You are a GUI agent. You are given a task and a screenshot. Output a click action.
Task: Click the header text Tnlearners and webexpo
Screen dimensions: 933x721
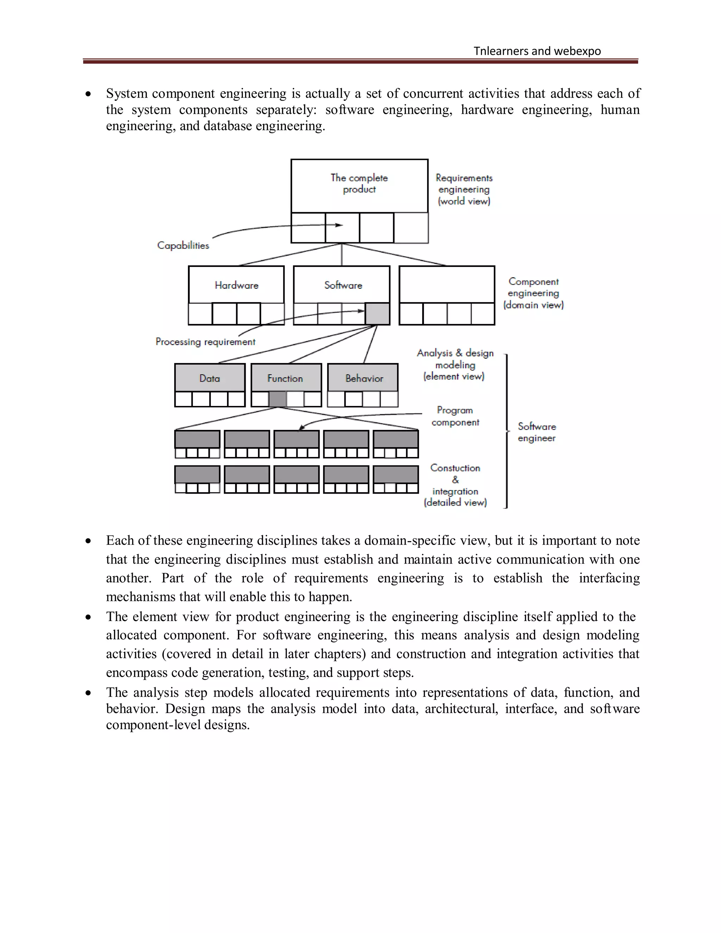[x=537, y=51]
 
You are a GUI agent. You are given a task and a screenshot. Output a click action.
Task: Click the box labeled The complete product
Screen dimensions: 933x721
[x=359, y=186]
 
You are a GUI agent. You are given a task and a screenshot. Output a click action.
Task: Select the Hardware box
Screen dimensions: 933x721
[x=236, y=285]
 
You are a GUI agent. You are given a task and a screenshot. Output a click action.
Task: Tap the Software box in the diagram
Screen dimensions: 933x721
[x=342, y=285]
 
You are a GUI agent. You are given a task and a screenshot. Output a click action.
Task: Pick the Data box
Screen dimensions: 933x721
[x=210, y=378]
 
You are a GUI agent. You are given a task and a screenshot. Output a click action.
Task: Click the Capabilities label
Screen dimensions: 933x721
[x=183, y=245]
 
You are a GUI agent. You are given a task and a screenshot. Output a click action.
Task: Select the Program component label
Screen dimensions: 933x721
[x=455, y=416]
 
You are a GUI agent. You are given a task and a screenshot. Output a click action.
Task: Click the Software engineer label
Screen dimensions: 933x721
[x=537, y=432]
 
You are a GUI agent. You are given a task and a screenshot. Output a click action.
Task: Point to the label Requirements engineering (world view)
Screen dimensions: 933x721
[x=464, y=189]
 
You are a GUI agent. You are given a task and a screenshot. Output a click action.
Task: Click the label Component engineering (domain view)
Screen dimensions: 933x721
[x=533, y=293]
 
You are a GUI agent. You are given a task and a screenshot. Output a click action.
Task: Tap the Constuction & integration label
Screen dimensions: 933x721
[x=455, y=485]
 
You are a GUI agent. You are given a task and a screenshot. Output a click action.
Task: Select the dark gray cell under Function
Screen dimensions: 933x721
[x=278, y=399]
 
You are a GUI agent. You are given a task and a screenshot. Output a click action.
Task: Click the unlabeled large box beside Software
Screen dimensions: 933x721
[x=447, y=284]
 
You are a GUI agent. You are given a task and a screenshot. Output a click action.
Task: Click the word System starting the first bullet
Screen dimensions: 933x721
[x=127, y=94]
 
